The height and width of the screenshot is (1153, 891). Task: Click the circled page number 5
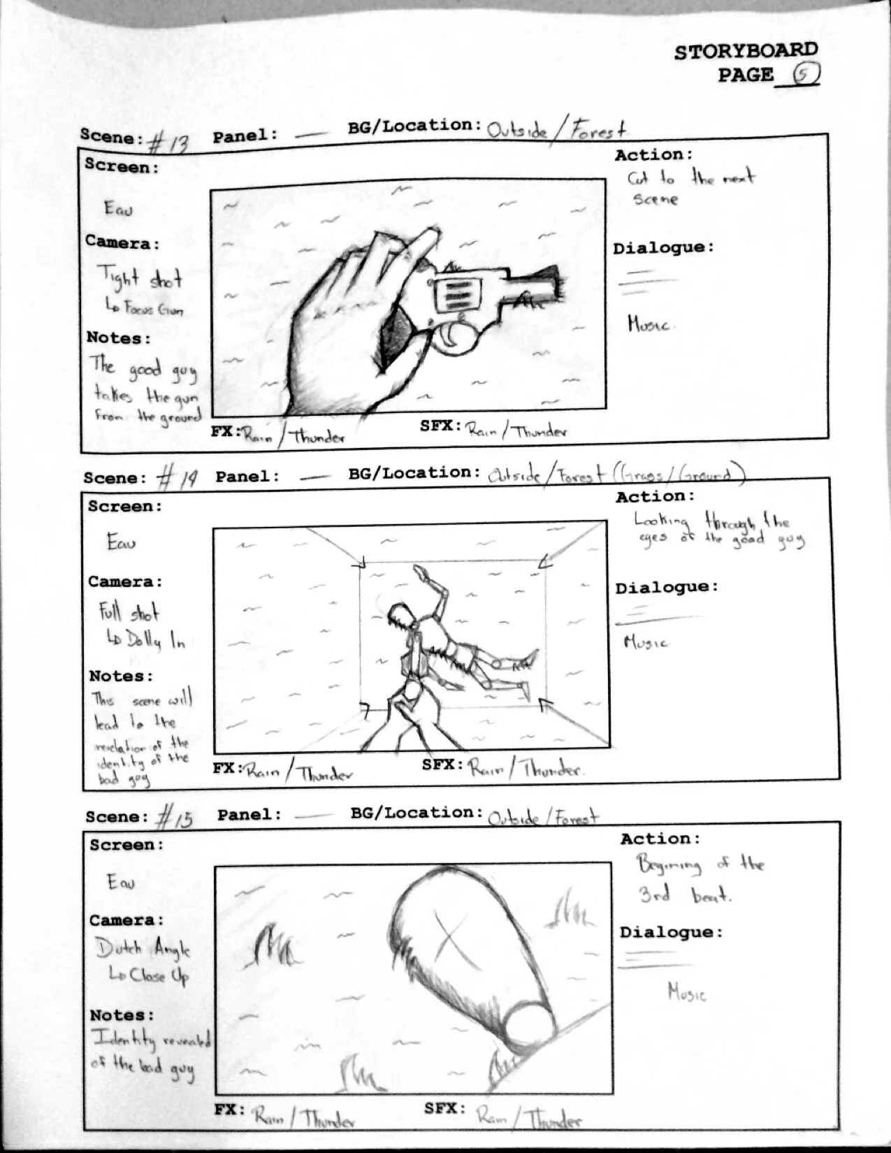pyautogui.click(x=806, y=74)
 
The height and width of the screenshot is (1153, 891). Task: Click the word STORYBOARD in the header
pyautogui.click(x=746, y=51)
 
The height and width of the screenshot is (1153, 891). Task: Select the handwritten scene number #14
pyautogui.click(x=177, y=479)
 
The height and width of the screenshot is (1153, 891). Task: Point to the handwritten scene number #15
pyautogui.click(x=175, y=816)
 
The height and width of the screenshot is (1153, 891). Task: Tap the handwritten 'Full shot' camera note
pyautogui.click(x=129, y=613)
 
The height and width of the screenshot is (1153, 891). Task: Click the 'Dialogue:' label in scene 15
pyautogui.click(x=671, y=932)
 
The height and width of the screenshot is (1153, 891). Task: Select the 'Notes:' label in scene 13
pyautogui.click(x=118, y=338)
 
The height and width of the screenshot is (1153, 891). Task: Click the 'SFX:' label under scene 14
pyautogui.click(x=442, y=764)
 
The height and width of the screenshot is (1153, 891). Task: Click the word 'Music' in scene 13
pyautogui.click(x=648, y=324)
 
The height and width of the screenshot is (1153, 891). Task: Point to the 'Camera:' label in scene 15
pyautogui.click(x=127, y=920)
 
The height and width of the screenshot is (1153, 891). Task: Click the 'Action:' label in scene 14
pyautogui.click(x=655, y=497)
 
